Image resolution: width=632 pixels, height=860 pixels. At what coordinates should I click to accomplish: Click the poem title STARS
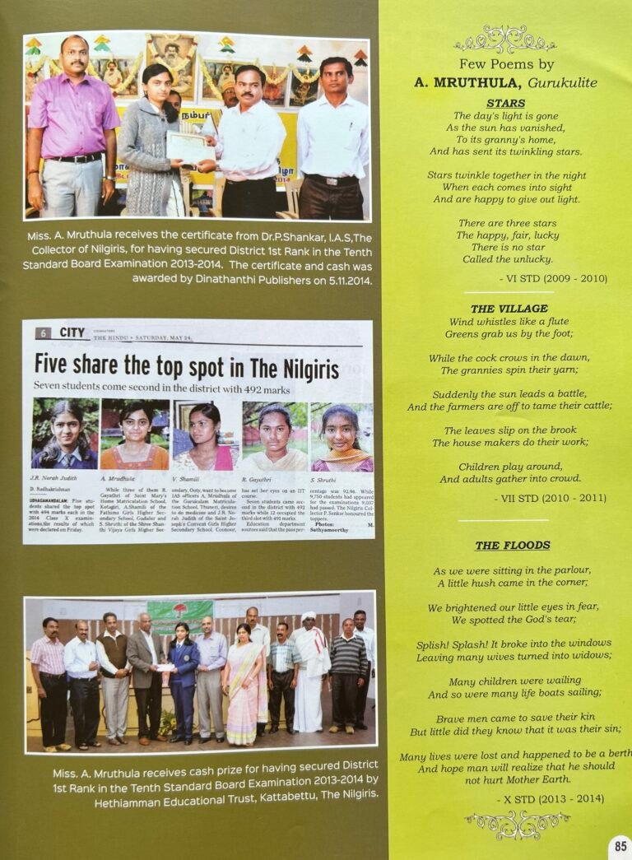[505, 103]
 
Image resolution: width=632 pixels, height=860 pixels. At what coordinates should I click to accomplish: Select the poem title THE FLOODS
[512, 545]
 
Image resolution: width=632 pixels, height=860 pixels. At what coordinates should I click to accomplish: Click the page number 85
[620, 845]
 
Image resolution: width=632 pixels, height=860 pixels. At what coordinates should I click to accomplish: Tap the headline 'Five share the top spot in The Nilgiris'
[187, 367]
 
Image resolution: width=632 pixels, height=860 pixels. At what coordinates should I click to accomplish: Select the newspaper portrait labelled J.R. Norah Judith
[64, 435]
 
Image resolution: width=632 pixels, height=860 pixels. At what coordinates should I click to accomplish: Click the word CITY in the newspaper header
[72, 333]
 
